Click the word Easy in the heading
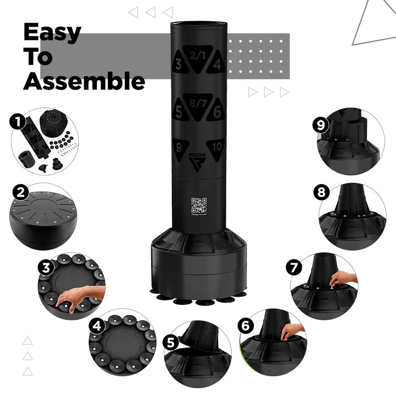pyautogui.click(x=52, y=33)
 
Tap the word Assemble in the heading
pyautogui.click(x=84, y=81)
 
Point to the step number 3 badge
pyautogui.click(x=46, y=267)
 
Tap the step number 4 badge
pyautogui.click(x=98, y=326)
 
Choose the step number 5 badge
pyautogui.click(x=171, y=343)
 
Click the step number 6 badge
pyautogui.click(x=246, y=326)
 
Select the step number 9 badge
pyautogui.click(x=321, y=125)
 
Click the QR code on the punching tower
pyautogui.click(x=198, y=205)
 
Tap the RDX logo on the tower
pyautogui.click(x=198, y=159)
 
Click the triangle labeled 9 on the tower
pyautogui.click(x=179, y=147)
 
